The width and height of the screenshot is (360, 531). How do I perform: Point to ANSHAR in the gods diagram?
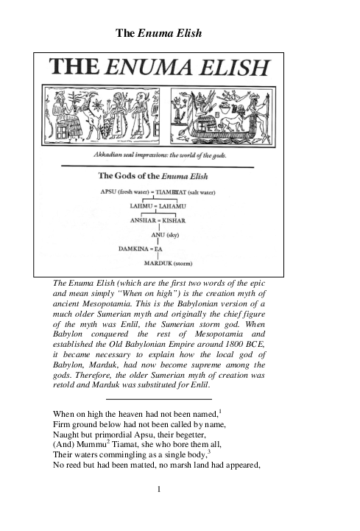[x=142, y=220]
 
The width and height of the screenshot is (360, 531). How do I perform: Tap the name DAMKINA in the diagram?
[x=135, y=249]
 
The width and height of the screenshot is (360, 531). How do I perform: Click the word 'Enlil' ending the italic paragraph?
[x=197, y=384]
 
